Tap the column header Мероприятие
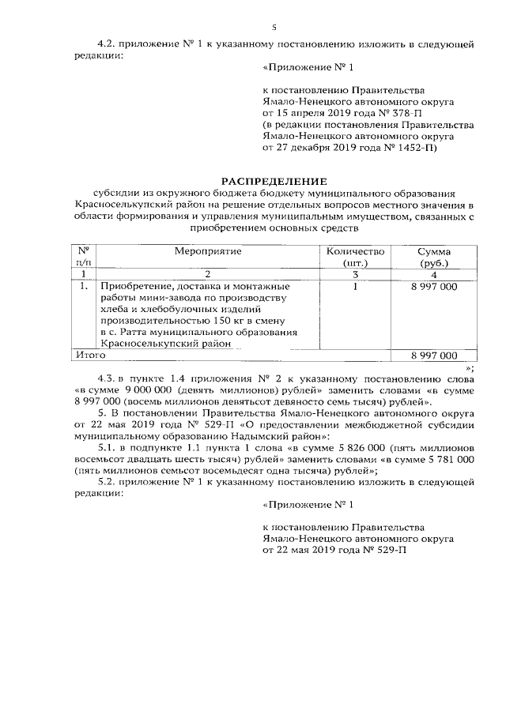coord(208,250)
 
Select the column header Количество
coord(353,250)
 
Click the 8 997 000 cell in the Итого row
coord(433,356)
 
